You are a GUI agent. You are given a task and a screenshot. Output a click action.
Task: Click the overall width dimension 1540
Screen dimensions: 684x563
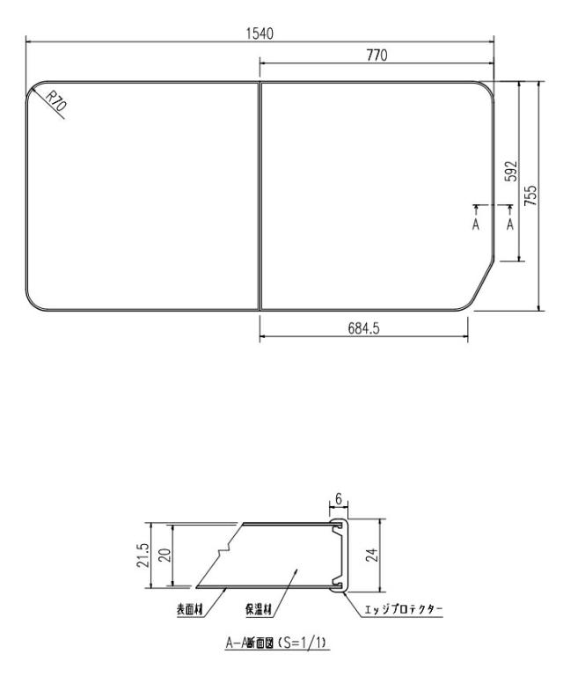click(x=260, y=33)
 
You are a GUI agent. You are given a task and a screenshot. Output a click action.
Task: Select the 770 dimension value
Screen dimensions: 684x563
click(x=377, y=55)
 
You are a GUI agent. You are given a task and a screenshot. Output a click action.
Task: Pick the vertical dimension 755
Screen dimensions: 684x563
click(x=530, y=195)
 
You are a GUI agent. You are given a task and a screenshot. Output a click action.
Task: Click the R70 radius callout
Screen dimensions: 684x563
click(x=54, y=105)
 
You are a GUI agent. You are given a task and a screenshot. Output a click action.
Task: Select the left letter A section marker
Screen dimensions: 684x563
click(x=476, y=224)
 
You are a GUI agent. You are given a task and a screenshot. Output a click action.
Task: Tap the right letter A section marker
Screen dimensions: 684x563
click(x=508, y=224)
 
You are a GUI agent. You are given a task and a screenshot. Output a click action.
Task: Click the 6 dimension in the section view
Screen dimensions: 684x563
click(x=340, y=498)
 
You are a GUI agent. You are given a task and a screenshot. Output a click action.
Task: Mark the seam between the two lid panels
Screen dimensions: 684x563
click(x=260, y=195)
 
